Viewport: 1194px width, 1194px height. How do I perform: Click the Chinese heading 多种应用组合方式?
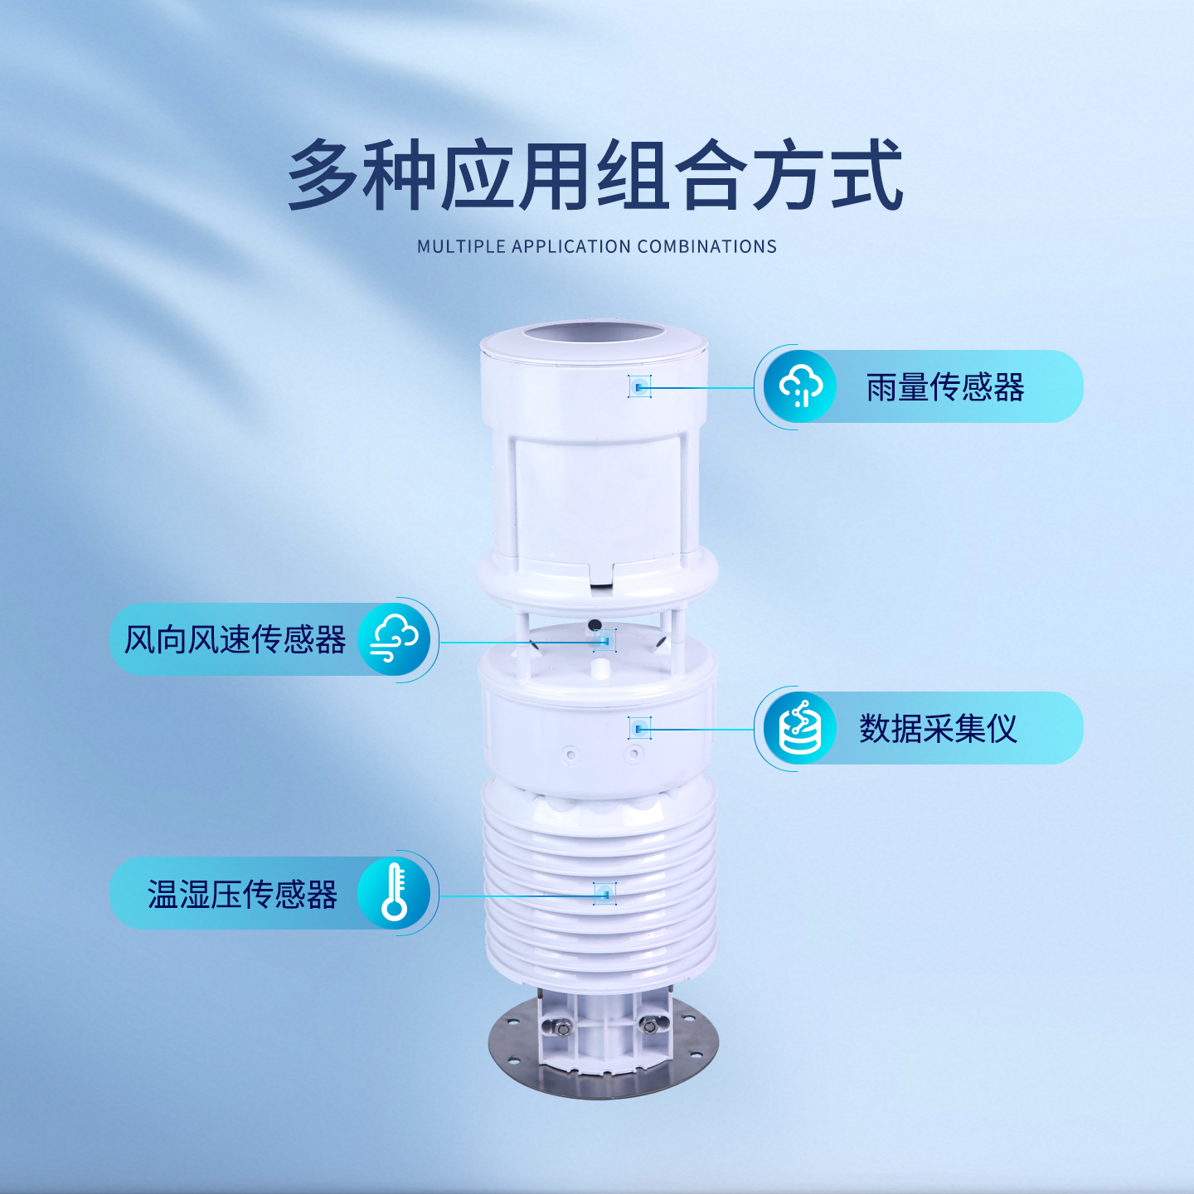pos(595,176)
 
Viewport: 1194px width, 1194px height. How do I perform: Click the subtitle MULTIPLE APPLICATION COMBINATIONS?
pos(596,246)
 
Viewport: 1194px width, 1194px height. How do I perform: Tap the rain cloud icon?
pos(800,386)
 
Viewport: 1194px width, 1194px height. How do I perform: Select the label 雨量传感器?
pos(945,387)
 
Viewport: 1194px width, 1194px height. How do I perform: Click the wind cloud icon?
pos(395,639)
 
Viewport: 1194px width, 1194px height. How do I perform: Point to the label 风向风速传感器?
pos(235,639)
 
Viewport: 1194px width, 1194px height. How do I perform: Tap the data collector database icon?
pos(800,728)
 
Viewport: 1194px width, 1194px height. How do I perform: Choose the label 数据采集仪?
pos(938,729)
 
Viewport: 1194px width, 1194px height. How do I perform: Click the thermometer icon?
pos(395,893)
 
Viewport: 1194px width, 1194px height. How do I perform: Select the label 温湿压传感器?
pos(242,895)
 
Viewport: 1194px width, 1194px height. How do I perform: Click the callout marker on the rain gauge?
pos(639,386)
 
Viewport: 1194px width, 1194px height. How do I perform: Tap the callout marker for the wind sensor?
pos(604,641)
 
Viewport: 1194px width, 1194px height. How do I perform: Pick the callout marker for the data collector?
pos(639,728)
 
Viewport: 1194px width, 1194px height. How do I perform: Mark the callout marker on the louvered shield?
pos(605,894)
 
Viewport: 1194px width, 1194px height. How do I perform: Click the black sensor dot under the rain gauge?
pos(595,624)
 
